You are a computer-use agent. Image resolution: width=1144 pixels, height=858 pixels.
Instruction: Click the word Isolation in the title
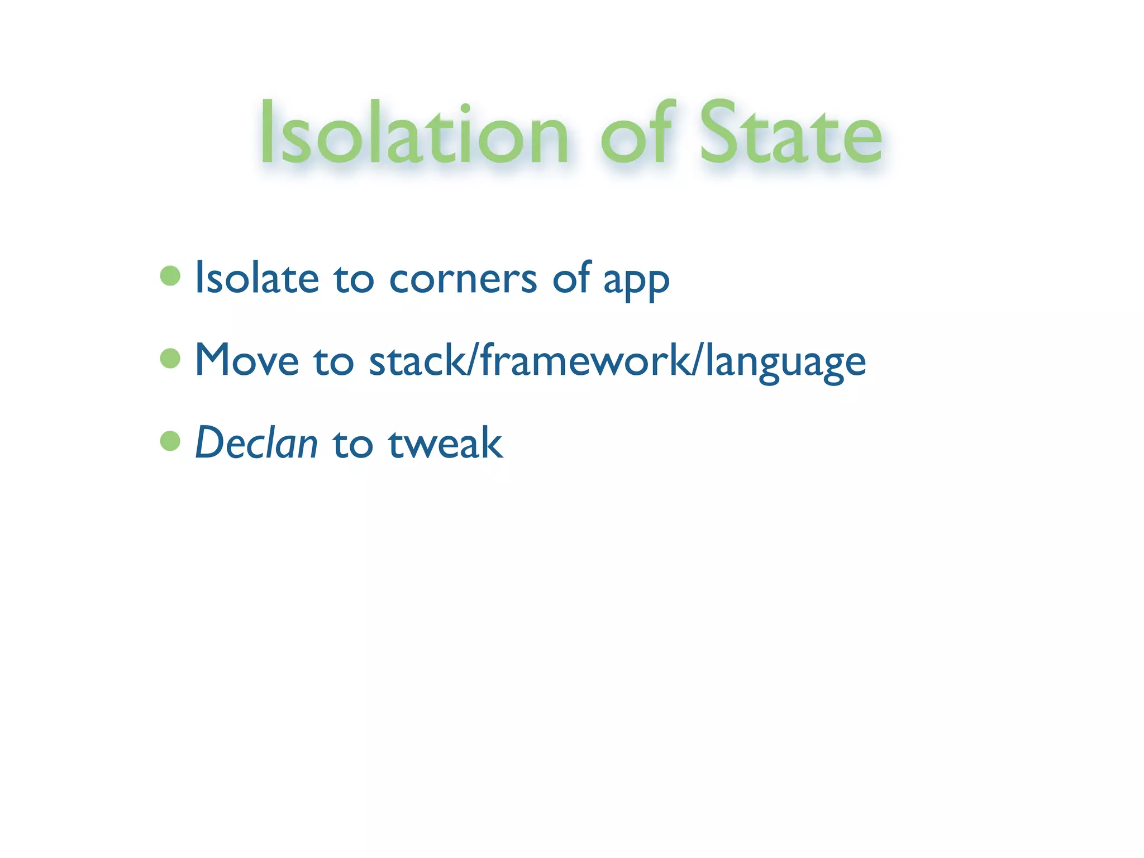pos(414,134)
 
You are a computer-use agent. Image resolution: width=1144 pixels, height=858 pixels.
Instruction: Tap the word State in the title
pos(790,134)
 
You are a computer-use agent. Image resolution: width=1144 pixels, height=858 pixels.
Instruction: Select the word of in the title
pos(637,134)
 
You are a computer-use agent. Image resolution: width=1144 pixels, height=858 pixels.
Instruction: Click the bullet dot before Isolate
pos(170,275)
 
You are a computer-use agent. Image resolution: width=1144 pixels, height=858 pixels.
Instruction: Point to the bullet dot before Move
pos(170,358)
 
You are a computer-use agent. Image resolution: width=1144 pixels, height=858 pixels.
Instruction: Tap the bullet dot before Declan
pos(170,441)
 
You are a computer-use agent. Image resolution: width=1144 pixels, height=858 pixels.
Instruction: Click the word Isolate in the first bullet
pos(257,278)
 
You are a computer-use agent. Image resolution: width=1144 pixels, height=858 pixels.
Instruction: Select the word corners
pos(463,279)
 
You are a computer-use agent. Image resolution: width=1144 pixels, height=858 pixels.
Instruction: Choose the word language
pos(785,363)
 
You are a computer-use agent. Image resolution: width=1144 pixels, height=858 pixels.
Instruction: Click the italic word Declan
pos(256,443)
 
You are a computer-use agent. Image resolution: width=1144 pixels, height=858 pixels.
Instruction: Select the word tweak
pos(446,443)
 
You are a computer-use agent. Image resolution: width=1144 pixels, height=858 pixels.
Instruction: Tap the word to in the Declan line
pos(352,444)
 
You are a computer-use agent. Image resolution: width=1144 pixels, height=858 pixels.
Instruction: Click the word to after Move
pos(333,361)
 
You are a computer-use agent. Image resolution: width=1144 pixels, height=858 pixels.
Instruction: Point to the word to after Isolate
pos(354,279)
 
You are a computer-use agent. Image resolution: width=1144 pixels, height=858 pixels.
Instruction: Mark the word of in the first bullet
pos(571,278)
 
